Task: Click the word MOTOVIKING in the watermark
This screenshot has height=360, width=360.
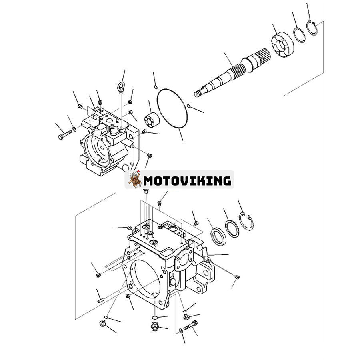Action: (x=187, y=180)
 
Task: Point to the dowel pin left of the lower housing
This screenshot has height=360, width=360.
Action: (x=100, y=298)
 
